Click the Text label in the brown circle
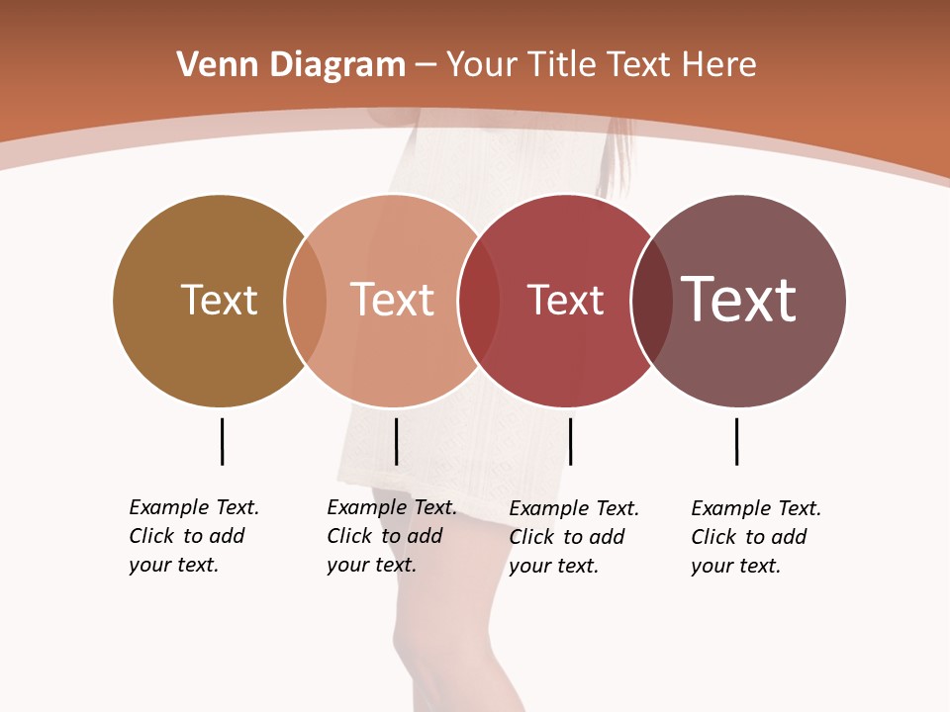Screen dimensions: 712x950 [x=219, y=300]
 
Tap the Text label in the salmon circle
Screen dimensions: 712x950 [x=392, y=300]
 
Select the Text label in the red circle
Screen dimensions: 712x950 [x=565, y=300]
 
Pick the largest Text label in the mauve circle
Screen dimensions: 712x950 [x=738, y=300]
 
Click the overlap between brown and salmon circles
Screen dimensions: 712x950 [x=306, y=300]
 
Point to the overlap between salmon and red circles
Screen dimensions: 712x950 [x=479, y=300]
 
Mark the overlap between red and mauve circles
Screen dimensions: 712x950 [x=651, y=300]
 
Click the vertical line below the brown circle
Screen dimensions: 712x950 [x=222, y=441]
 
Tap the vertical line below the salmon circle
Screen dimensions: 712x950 [x=396, y=441]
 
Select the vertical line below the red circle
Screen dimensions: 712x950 [x=570, y=441]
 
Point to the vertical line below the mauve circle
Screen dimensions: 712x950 [x=736, y=441]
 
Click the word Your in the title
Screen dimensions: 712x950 [x=483, y=65]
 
